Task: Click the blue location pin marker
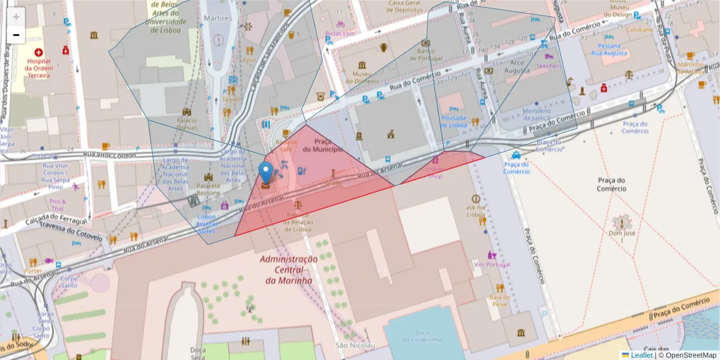coord(265,173)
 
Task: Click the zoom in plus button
coord(16,17)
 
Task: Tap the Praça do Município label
coord(327,145)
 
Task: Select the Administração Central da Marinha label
coord(289,269)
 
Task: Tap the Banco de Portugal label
coord(425,55)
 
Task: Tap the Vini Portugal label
coord(491,265)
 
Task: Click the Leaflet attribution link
coord(640,355)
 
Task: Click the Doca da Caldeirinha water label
coord(420,337)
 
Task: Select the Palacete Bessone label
coord(209,190)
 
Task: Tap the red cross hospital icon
coord(39,53)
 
